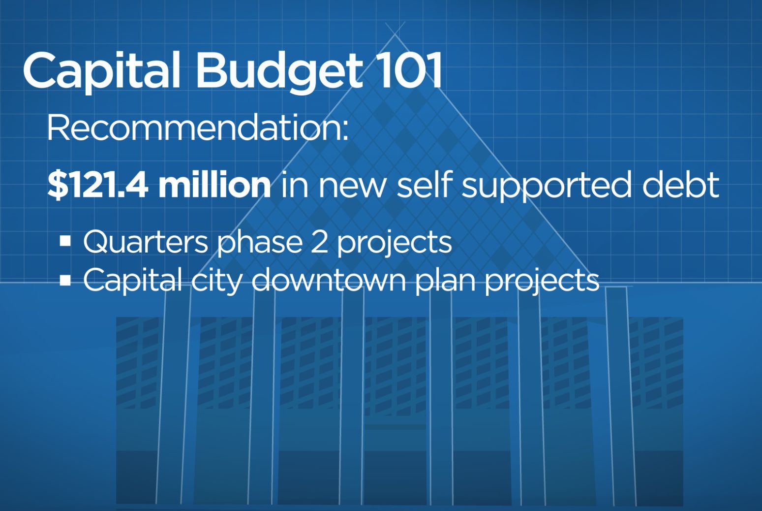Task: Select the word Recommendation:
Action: [x=198, y=128]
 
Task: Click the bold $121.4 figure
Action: [x=97, y=185]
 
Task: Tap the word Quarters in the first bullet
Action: [x=145, y=242]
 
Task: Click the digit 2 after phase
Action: [x=319, y=242]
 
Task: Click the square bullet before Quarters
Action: [x=65, y=241]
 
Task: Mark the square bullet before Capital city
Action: [x=65, y=281]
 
